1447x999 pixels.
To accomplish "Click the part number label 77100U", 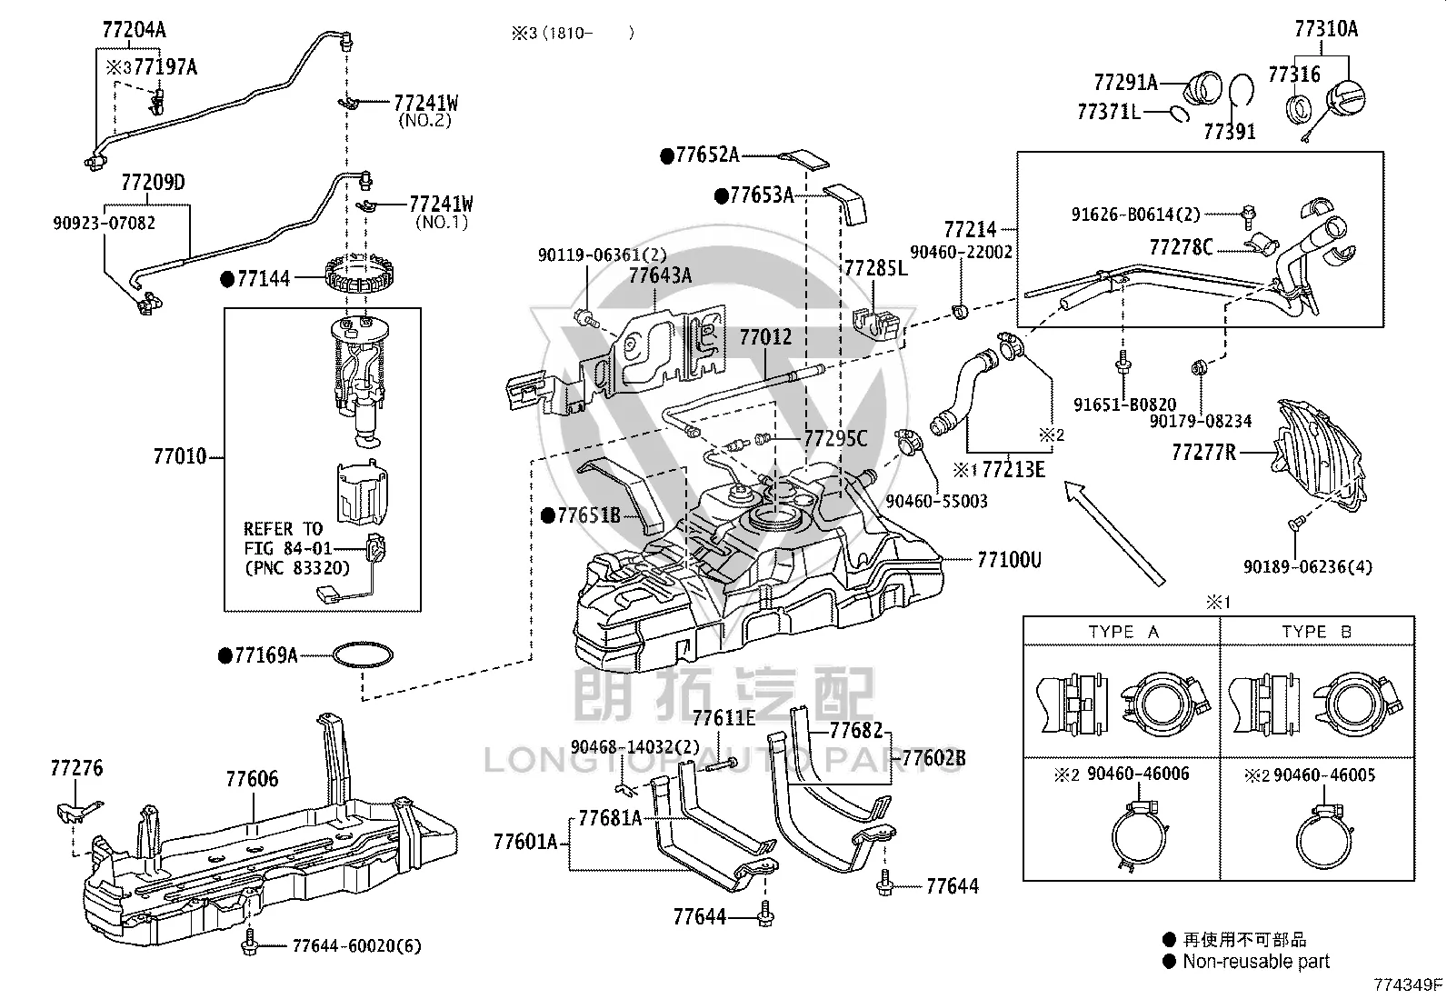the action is click(x=1009, y=560).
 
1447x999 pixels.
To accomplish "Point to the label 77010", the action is click(x=180, y=457).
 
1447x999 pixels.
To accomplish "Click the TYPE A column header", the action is click(x=1123, y=632).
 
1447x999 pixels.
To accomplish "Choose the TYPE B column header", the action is click(x=1316, y=632).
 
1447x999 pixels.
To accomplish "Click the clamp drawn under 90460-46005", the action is click(x=1323, y=837).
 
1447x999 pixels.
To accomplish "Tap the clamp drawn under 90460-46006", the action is click(x=1140, y=837).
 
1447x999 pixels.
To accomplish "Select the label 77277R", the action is click(x=1203, y=453).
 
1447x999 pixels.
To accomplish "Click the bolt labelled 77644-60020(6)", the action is click(x=249, y=944).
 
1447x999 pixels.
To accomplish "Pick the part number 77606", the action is click(x=252, y=779).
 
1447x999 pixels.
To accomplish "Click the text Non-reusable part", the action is click(x=1256, y=962).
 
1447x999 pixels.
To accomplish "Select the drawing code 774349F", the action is click(x=1408, y=984).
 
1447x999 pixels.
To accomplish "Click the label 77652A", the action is click(x=707, y=155).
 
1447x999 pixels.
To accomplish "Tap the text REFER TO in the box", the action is click(x=283, y=529).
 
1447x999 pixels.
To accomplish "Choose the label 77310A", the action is click(x=1326, y=29).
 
